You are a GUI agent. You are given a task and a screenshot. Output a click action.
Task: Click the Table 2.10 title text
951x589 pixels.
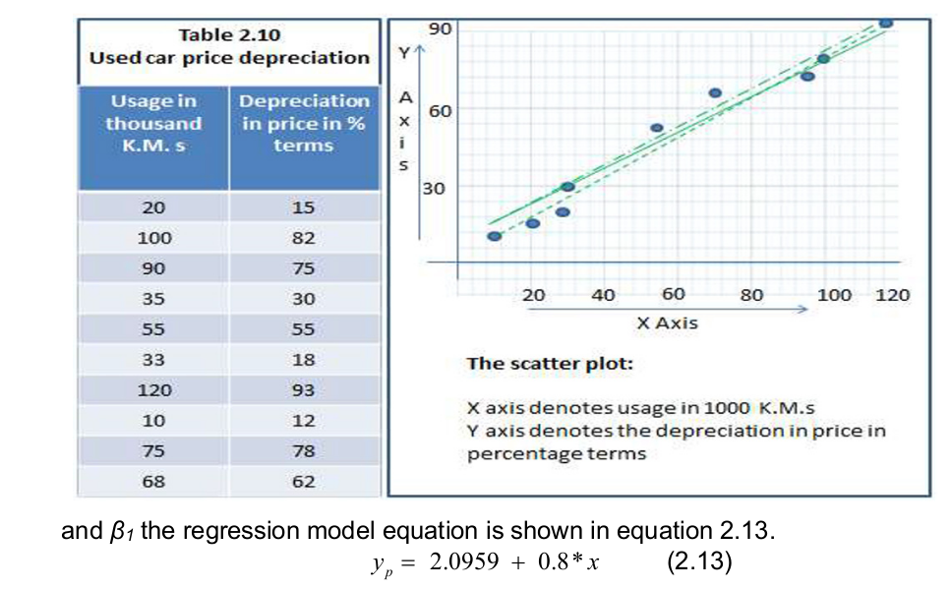point(229,34)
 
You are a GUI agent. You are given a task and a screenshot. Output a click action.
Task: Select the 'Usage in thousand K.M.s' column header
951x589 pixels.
point(153,123)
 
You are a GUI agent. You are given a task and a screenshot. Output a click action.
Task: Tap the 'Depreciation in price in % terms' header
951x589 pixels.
point(304,123)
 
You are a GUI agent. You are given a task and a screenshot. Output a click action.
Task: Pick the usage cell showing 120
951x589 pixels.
point(153,390)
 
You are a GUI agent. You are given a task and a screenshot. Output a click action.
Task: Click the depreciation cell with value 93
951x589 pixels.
point(304,390)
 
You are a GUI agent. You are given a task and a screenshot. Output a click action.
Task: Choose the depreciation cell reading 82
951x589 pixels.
point(304,238)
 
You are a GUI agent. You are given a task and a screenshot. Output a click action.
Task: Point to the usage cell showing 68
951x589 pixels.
point(153,482)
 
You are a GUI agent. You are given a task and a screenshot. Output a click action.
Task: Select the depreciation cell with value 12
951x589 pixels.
point(304,421)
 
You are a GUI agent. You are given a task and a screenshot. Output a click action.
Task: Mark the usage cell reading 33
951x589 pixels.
point(153,360)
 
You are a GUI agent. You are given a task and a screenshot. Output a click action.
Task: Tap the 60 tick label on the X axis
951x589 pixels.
point(674,294)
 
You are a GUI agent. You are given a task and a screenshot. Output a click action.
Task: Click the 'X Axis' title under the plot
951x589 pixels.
point(667,323)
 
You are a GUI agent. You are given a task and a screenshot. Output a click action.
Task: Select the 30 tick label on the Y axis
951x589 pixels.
point(434,188)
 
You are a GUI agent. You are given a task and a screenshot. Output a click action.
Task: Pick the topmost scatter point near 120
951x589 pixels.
point(885,22)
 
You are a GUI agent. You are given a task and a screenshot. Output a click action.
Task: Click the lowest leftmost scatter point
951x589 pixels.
point(495,236)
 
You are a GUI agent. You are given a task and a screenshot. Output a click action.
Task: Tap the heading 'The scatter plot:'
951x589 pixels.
point(550,364)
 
